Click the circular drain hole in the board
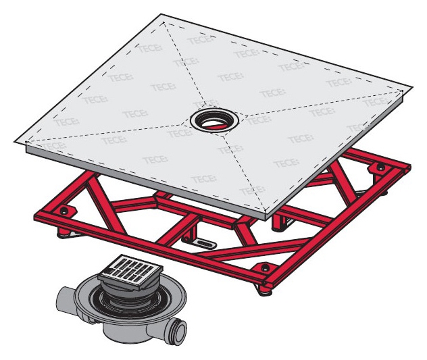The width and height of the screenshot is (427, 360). point(215,120)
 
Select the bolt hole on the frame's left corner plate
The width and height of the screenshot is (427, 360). point(64,210)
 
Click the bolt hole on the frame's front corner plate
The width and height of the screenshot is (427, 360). point(266,267)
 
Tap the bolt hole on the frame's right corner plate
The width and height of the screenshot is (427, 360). point(380,167)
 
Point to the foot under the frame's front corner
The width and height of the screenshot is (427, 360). point(265,291)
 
